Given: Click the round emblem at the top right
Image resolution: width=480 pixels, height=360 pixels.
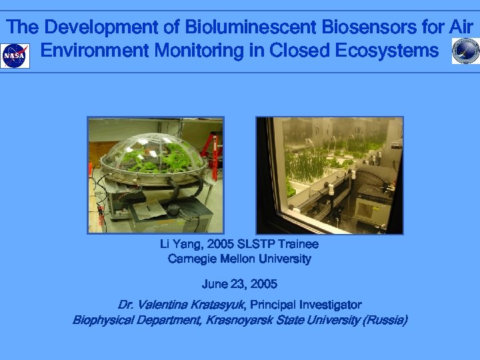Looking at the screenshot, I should click(465, 51).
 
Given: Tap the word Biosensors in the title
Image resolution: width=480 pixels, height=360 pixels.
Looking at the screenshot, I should click(370, 28).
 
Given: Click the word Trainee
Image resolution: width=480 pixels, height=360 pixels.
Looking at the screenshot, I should click(298, 245).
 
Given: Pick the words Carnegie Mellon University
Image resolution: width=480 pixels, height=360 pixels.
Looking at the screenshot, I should click(239, 259).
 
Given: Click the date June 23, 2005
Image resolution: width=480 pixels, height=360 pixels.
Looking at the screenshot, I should click(239, 284).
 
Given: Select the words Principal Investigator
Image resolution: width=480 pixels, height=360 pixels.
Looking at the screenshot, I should click(306, 305).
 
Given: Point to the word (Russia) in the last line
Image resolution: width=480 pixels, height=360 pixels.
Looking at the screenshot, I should click(384, 320).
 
